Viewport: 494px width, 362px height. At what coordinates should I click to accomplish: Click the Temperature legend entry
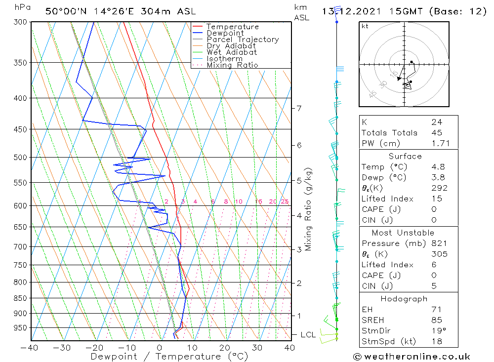tap(232, 27)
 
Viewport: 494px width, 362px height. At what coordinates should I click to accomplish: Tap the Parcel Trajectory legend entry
tap(243, 40)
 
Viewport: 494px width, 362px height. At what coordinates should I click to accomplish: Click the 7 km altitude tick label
tap(299, 108)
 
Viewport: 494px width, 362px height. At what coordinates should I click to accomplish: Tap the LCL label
tap(308, 335)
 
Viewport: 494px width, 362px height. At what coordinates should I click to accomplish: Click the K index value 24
tap(436, 122)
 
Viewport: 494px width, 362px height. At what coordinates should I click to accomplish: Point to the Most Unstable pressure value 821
tap(439, 243)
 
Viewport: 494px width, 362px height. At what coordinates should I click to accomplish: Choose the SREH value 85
tap(436, 320)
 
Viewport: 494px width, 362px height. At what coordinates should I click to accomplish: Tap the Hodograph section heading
tap(404, 299)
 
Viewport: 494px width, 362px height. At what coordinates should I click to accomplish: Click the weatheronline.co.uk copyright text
tap(412, 357)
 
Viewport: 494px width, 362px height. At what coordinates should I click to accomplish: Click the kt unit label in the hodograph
tap(365, 26)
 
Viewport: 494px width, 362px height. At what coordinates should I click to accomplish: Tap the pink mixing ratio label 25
tap(285, 201)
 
